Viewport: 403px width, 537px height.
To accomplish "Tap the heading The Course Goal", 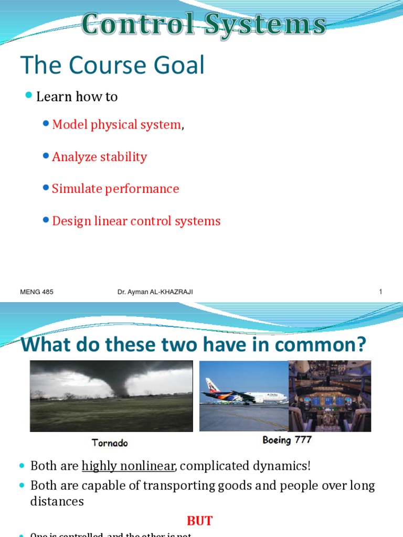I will click(x=112, y=66).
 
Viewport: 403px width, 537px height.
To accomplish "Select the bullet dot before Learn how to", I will click(x=29, y=95).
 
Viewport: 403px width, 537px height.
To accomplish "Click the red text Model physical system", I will click(x=116, y=125).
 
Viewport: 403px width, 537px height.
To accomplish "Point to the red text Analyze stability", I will click(x=99, y=157).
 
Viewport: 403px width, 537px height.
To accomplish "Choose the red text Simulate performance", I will click(x=115, y=189).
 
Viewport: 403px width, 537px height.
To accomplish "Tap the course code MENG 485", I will click(x=37, y=292).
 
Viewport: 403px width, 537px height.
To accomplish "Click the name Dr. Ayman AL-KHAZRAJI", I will click(x=155, y=292).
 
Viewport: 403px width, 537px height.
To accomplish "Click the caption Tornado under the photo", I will click(x=110, y=443).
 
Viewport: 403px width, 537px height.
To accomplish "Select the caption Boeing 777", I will click(x=287, y=440).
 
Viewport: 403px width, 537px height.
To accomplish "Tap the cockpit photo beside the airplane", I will click(x=330, y=395).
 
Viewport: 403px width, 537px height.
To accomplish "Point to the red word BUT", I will click(x=200, y=521).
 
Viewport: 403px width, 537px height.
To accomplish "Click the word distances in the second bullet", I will click(x=57, y=501).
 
